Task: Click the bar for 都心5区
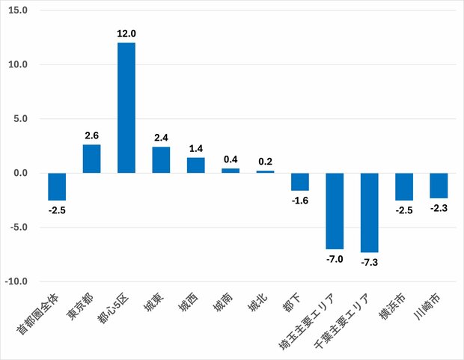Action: click(126, 108)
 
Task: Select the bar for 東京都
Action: click(92, 159)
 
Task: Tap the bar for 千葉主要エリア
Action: click(369, 213)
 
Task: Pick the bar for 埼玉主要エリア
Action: click(335, 211)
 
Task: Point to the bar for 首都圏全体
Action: click(57, 187)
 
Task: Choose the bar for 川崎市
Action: click(439, 186)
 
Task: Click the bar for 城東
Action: click(161, 160)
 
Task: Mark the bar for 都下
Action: click(300, 182)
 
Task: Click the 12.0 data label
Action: click(126, 34)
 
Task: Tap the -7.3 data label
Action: click(369, 262)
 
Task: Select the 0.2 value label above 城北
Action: click(265, 162)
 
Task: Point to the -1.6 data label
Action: click(300, 201)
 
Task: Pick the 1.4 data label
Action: click(196, 148)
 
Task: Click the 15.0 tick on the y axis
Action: click(18, 10)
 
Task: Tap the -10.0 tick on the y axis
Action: click(16, 281)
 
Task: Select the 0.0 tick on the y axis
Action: click(20, 173)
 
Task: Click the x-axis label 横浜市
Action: click(392, 306)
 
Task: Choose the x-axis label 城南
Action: click(223, 303)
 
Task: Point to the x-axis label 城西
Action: click(189, 303)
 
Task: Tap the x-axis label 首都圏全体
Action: click(38, 314)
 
